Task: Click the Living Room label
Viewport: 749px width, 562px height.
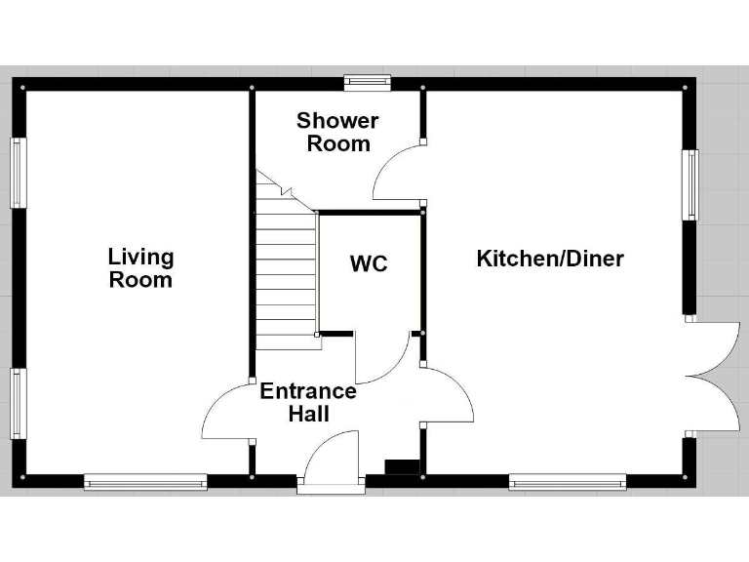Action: tap(140, 268)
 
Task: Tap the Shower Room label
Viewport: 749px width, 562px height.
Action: tap(337, 132)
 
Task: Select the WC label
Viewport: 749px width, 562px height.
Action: tap(369, 264)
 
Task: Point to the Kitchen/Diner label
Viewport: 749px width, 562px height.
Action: tap(549, 259)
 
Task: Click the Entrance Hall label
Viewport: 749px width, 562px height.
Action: tap(308, 402)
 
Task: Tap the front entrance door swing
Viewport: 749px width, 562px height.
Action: tap(328, 457)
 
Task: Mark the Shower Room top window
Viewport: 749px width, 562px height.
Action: tap(367, 83)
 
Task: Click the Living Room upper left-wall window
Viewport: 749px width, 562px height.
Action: tap(18, 172)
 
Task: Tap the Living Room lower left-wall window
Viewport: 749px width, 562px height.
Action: tap(18, 402)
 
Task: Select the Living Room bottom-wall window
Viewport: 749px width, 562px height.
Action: tap(145, 480)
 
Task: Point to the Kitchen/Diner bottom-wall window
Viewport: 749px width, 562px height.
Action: tap(567, 480)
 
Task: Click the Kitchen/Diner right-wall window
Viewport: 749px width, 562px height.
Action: tap(690, 184)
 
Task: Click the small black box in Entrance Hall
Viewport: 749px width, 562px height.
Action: tap(401, 466)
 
